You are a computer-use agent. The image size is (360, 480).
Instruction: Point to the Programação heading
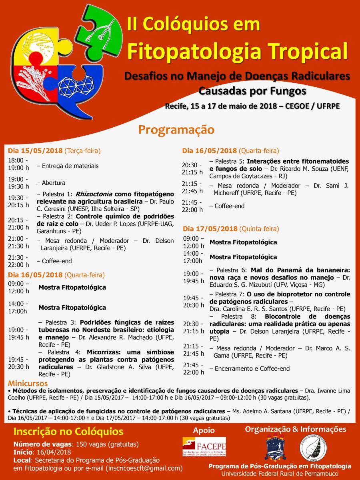176,130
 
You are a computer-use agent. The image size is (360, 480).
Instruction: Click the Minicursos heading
27,384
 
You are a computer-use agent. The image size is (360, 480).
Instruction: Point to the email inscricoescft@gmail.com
144,468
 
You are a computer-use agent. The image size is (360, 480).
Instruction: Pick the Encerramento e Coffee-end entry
252,369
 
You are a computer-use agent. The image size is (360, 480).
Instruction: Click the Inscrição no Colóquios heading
68,432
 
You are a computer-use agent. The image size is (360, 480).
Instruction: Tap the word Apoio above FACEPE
204,430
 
